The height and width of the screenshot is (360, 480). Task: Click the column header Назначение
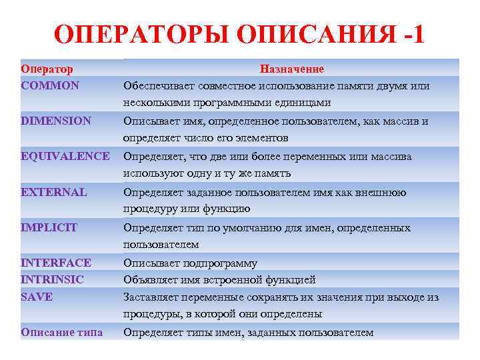pos(292,69)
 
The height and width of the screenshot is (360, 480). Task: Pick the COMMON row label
pos(50,85)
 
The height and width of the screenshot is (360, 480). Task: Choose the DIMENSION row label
pos(56,121)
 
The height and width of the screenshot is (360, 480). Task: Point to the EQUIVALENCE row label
pos(65,156)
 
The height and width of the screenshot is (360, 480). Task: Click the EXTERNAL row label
pos(54,192)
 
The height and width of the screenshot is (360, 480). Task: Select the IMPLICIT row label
pos(49,227)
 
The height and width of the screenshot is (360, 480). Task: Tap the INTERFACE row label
pos(56,263)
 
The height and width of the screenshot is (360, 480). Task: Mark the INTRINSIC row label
pos(53,279)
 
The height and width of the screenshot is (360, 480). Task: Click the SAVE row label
pos(37,297)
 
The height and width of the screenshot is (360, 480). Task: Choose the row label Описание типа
pos(61,332)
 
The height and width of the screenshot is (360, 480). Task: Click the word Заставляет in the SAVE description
pos(151,297)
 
